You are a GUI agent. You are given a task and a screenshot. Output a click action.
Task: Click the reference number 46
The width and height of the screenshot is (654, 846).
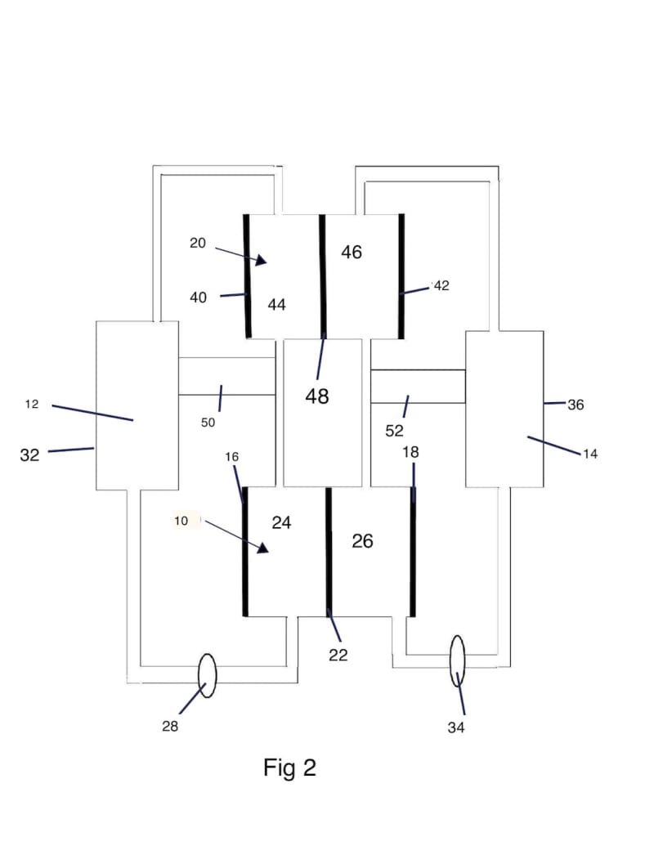tap(352, 252)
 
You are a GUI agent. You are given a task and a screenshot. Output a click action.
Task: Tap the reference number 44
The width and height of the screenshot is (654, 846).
tap(277, 305)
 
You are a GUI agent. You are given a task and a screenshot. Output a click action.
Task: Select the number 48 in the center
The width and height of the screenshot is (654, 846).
tap(316, 396)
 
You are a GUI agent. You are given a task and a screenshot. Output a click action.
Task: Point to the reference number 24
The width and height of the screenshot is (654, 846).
tap(281, 522)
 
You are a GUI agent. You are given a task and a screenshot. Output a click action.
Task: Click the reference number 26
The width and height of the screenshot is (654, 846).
tap(362, 541)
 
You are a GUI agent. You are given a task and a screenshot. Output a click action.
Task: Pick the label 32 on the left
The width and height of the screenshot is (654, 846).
tap(29, 454)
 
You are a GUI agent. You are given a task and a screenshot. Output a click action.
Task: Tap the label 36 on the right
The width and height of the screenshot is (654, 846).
tap(576, 405)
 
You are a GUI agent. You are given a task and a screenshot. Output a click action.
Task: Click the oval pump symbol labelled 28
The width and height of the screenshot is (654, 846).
tap(207, 675)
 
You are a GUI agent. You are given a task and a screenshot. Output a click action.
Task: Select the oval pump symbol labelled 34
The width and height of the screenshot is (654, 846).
tap(457, 661)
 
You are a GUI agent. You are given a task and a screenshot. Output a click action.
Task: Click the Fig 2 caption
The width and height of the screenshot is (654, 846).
tap(289, 768)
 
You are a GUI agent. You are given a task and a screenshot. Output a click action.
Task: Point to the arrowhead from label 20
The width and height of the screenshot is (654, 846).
tap(261, 260)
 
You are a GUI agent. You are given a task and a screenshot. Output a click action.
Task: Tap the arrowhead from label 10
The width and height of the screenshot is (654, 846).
tap(262, 548)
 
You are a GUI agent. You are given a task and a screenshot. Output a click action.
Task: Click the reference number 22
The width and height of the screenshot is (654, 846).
tap(338, 655)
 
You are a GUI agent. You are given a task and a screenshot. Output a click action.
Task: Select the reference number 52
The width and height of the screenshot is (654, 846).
tap(395, 431)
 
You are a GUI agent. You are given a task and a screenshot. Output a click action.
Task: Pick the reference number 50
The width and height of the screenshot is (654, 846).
tap(208, 423)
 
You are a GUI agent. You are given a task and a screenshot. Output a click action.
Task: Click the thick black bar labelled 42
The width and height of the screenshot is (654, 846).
tap(401, 276)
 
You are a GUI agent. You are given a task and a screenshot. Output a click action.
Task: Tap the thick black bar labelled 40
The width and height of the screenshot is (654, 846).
tap(247, 276)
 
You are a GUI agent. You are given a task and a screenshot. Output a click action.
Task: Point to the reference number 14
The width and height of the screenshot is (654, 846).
tap(590, 454)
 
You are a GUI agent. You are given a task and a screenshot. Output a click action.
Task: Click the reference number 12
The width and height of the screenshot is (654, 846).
tap(32, 404)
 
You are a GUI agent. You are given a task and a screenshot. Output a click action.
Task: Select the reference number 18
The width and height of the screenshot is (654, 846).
tap(410, 452)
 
